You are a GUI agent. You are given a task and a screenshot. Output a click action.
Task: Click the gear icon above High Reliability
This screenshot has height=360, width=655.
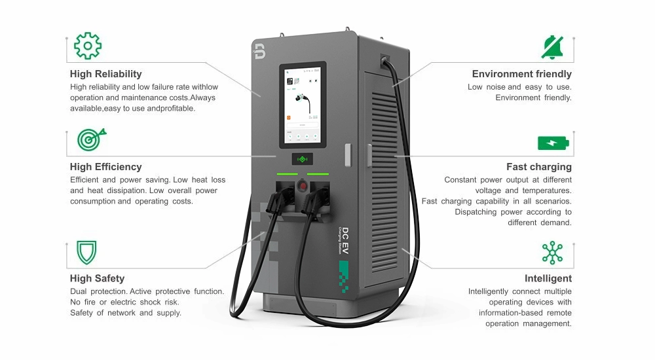88,46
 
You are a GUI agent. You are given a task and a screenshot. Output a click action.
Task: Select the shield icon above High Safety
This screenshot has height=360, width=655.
86,251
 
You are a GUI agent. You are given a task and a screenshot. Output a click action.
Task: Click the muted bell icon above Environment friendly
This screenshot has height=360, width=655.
553,46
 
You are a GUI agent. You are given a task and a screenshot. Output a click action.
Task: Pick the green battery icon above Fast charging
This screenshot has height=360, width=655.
553,142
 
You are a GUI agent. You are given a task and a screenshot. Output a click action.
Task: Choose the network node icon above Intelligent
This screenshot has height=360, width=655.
553,253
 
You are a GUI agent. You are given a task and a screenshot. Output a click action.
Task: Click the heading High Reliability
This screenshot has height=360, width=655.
105,74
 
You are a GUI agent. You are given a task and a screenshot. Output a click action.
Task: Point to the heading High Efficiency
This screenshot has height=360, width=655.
105,167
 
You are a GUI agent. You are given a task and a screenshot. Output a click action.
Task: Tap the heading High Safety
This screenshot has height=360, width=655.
97,278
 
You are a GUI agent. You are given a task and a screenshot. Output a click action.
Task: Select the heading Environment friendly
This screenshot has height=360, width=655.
521,74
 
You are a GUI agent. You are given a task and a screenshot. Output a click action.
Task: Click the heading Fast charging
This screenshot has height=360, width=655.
538,167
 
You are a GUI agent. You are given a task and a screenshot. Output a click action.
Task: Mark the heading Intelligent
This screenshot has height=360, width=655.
548,278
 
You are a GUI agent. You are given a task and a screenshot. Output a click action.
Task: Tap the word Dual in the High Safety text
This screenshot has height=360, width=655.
80,291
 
